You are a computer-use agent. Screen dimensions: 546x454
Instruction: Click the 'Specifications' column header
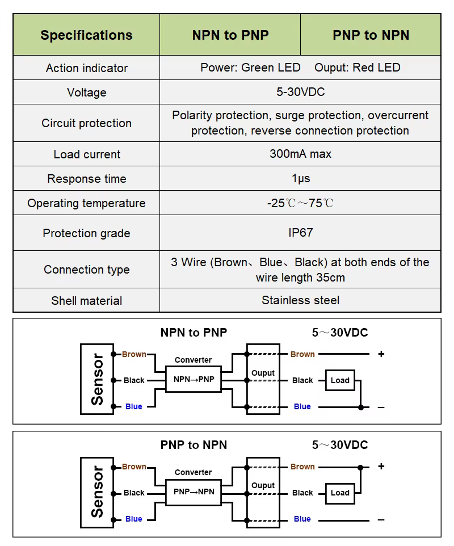[x=86, y=35]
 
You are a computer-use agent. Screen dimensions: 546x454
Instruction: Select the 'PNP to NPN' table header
[x=371, y=35]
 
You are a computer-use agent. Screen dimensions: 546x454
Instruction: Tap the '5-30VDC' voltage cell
[x=300, y=92]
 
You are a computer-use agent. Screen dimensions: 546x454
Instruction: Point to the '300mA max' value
[x=300, y=154]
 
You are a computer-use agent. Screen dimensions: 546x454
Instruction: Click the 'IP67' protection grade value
[x=300, y=233]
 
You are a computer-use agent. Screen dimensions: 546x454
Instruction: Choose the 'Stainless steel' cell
[x=300, y=300]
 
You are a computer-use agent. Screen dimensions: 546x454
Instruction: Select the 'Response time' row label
[x=86, y=179]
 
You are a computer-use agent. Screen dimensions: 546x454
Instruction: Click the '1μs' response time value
[x=300, y=179]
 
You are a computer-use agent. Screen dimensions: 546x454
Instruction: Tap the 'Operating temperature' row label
[x=86, y=203]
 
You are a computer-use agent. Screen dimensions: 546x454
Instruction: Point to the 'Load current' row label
[x=86, y=154]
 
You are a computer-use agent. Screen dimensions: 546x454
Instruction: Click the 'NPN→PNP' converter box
[x=194, y=379]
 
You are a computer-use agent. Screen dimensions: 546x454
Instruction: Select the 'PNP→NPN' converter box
[x=194, y=492]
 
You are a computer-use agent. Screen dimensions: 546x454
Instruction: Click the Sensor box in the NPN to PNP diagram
[x=97, y=379]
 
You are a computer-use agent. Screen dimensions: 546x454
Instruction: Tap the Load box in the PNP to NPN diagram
[x=340, y=493]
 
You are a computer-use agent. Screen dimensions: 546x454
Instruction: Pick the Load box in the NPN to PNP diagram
[x=340, y=380]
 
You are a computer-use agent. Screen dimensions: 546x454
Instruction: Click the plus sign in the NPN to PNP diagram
[x=381, y=354]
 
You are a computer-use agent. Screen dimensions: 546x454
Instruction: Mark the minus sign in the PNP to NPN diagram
[x=381, y=519]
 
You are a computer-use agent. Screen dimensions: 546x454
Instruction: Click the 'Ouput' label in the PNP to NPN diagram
[x=263, y=485]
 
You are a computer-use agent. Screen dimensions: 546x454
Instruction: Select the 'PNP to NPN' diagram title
[x=194, y=445]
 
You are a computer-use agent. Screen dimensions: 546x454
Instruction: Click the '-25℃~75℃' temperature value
[x=300, y=203]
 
